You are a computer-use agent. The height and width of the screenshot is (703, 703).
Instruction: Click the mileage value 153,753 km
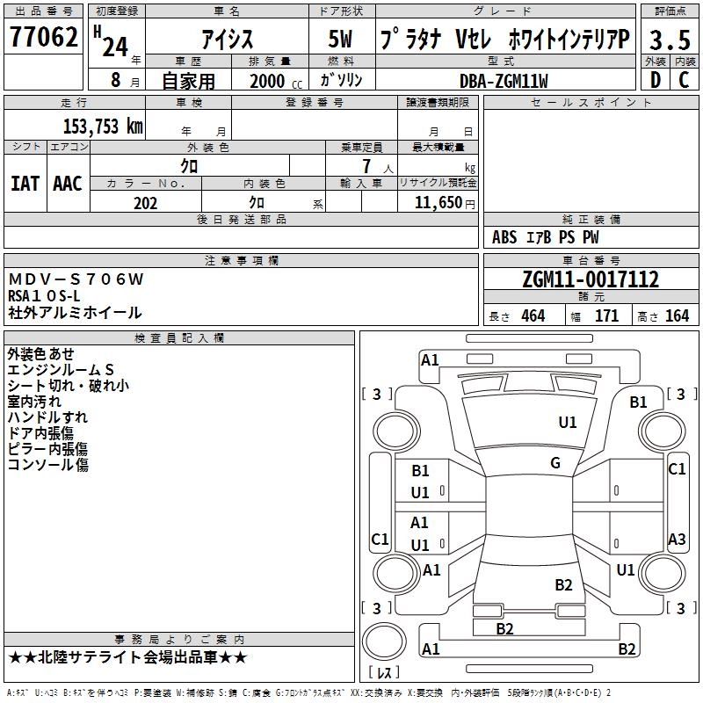click(103, 126)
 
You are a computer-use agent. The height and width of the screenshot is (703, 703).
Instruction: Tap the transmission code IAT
click(25, 184)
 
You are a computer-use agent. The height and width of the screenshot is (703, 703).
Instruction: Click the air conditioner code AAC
click(68, 184)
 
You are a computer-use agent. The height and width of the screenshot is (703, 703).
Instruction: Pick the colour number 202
click(145, 203)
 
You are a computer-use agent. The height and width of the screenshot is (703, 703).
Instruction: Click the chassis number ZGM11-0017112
click(590, 279)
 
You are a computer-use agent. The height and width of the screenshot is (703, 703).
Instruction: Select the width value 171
click(606, 315)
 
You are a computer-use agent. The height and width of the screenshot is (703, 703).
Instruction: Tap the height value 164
click(677, 315)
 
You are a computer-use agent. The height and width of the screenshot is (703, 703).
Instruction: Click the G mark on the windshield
click(555, 463)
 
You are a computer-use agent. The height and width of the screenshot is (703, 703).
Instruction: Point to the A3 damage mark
click(677, 539)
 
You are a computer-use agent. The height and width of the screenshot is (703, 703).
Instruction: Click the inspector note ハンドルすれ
click(47, 417)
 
